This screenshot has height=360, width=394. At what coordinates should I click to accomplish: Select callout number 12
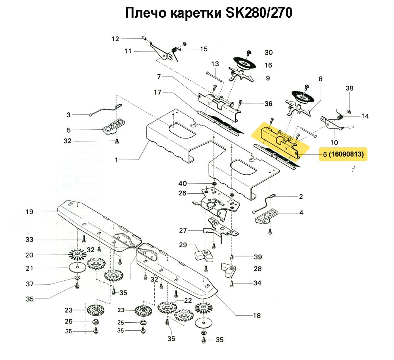pos(116,38)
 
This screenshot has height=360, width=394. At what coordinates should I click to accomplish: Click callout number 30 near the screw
pos(269,52)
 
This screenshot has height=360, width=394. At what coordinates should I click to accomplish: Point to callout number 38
pos(349,88)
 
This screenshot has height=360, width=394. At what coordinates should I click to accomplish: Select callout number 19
pos(30,212)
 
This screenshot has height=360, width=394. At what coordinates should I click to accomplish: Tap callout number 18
pos(257,316)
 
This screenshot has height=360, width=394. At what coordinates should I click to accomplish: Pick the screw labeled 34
pos(232,284)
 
